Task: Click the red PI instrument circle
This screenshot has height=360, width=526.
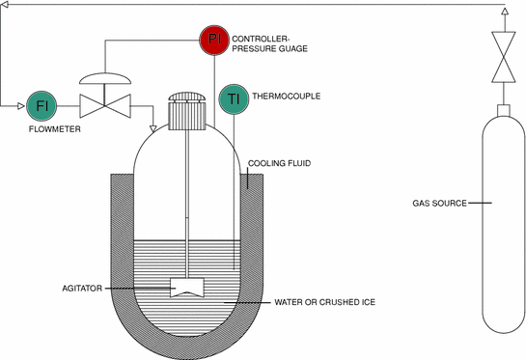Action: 213,41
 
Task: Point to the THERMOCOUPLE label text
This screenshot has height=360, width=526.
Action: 286,97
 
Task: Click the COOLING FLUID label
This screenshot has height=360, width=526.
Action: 279,164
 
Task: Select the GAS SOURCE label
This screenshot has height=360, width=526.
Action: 439,204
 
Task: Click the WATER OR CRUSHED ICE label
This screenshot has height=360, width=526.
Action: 324,302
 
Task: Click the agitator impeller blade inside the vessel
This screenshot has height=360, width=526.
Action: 185,287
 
